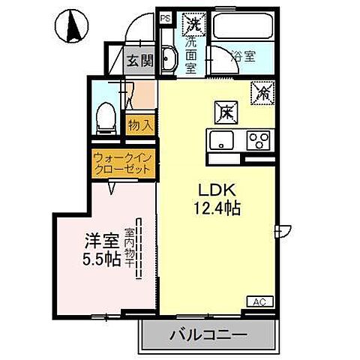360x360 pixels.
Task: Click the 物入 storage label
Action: click(140, 124)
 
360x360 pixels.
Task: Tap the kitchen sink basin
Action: click(222, 140)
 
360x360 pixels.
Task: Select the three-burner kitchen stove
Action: click(259, 140)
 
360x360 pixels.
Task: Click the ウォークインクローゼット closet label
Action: click(123, 163)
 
